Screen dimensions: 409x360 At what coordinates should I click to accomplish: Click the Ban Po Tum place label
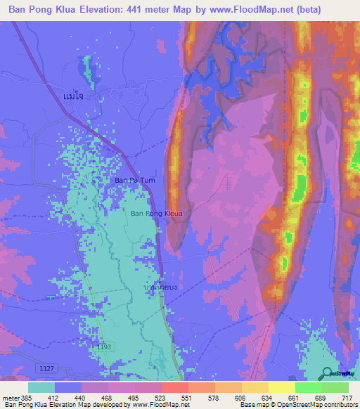click(x=134, y=181)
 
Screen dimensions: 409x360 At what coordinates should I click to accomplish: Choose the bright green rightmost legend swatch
click(x=335, y=387)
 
